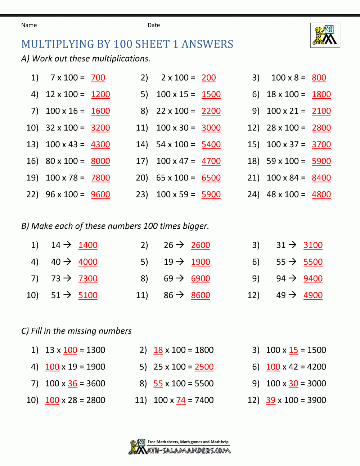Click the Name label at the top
coord(29,25)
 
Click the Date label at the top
coord(154,25)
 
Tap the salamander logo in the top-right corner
coord(325,35)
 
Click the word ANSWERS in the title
coord(207,44)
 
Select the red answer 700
coord(98,78)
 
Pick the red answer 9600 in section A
coord(100,194)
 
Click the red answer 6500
coord(211,178)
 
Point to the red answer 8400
coord(321,178)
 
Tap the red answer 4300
coord(100,144)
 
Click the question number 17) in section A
coord(142,161)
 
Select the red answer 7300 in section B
coord(88,279)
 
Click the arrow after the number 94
coord(293,278)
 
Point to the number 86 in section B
coord(168,295)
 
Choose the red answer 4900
coord(313,295)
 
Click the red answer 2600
coord(201,245)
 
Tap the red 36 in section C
coord(72,384)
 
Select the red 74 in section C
coord(181,400)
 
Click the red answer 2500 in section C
coord(204,367)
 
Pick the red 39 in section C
coord(270,400)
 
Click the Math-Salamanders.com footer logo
coord(180,447)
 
